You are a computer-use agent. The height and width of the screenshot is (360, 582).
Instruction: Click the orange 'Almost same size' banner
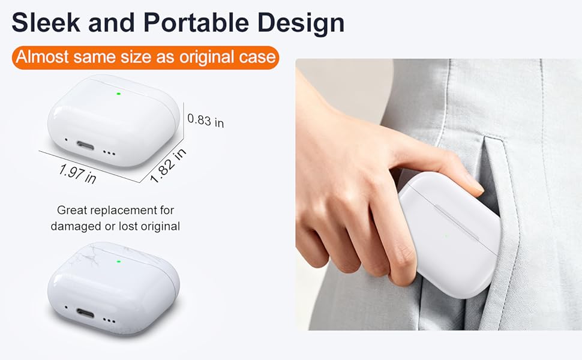(146, 58)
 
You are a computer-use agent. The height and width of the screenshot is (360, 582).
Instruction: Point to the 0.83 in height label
(206, 120)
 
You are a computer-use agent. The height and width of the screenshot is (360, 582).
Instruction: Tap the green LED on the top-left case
(119, 94)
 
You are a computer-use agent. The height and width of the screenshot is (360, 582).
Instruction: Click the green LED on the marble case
(119, 261)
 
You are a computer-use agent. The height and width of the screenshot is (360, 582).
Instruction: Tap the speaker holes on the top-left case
(109, 153)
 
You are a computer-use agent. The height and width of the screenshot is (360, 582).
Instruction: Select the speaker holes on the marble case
(109, 320)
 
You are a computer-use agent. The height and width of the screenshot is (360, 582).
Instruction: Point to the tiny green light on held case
(446, 235)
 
